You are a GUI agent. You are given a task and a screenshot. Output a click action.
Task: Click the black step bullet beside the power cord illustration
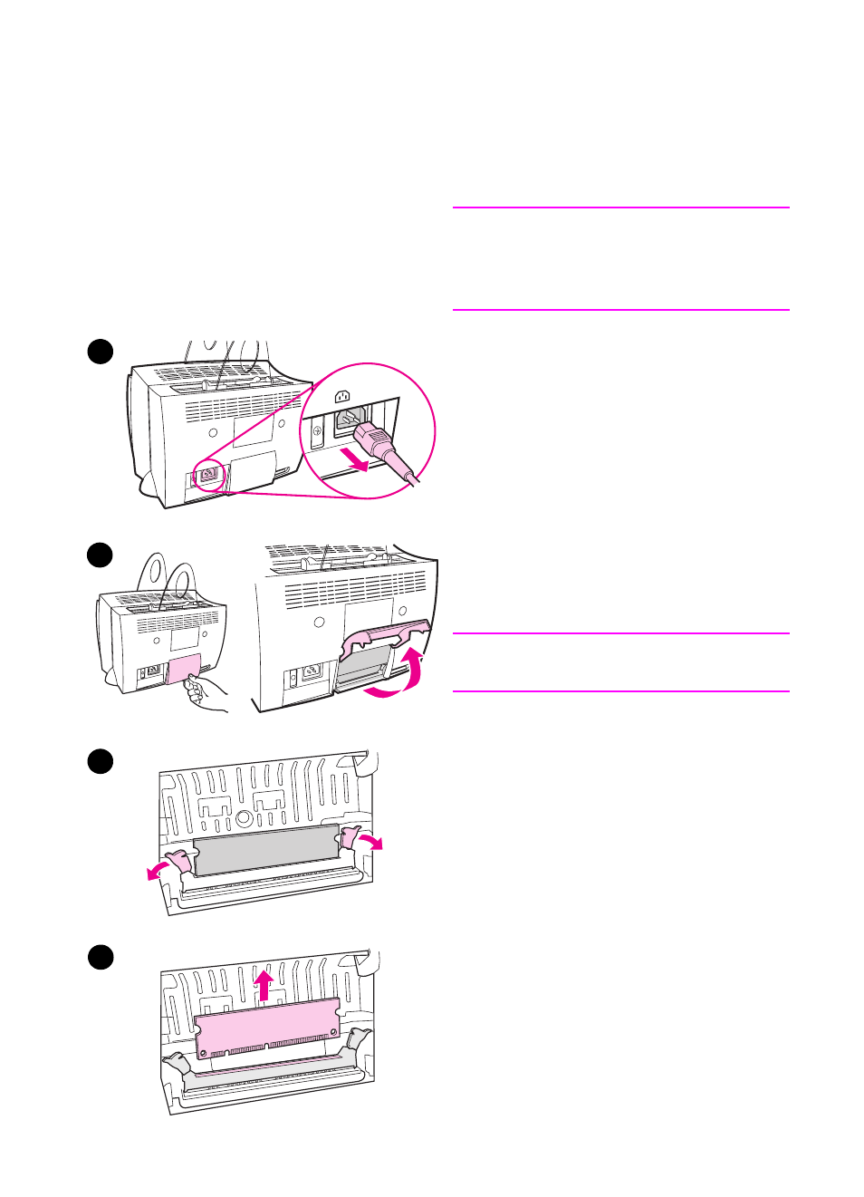tap(101, 352)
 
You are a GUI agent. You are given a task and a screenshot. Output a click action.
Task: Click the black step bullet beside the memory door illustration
tap(101, 555)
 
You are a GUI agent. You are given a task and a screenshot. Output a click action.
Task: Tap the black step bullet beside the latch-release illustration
tap(101, 761)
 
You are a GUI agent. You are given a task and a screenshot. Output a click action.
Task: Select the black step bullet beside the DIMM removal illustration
tap(101, 957)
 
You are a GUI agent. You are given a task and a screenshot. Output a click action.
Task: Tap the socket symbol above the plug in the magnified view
tap(342, 396)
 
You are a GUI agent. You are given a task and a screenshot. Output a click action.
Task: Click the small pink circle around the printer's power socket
tap(208, 473)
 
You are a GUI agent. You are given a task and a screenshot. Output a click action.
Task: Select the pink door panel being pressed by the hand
tap(184, 668)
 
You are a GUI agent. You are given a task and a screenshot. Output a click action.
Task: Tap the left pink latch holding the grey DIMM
tap(179, 860)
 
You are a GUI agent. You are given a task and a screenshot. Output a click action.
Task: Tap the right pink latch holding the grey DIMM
tap(350, 837)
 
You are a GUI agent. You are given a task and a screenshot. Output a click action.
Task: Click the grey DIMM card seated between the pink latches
tap(265, 850)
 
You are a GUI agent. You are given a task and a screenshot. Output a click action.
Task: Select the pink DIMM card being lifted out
tap(267, 1028)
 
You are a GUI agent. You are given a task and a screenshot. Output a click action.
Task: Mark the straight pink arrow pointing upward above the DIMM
tap(264, 985)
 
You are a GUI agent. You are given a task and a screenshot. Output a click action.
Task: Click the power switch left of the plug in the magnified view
tap(317, 432)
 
